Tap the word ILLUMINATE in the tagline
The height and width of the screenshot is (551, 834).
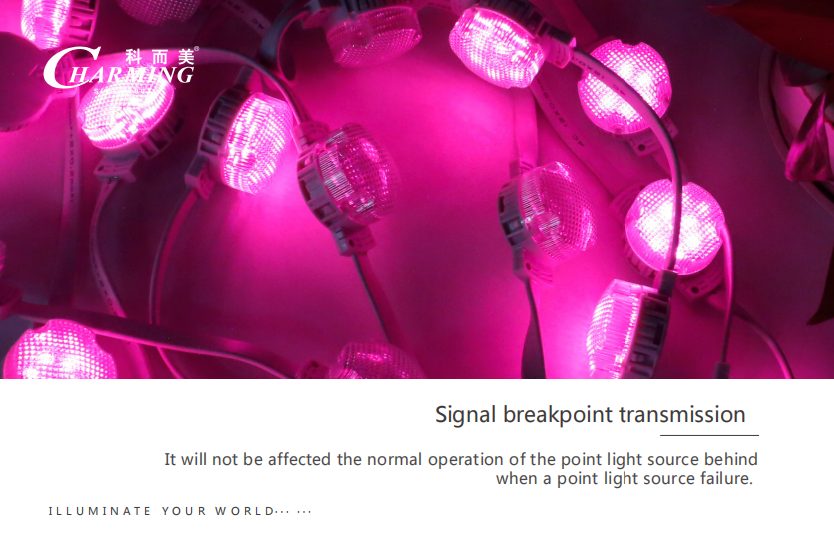click(x=100, y=512)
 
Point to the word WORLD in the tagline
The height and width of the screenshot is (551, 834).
click(x=244, y=512)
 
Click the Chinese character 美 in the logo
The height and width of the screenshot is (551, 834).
click(x=186, y=57)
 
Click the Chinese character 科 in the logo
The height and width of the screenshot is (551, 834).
click(x=134, y=57)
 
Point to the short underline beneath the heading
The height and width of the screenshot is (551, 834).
click(x=709, y=435)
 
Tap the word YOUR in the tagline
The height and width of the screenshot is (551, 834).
click(x=184, y=512)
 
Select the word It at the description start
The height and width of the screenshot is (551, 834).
click(x=170, y=459)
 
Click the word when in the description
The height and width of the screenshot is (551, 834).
click(x=517, y=478)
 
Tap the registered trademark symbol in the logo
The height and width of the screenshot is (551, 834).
click(x=197, y=49)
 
